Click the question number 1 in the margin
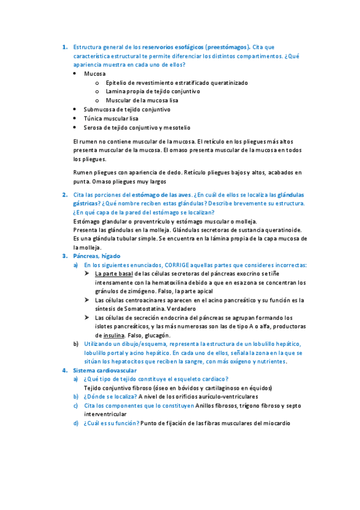(64, 47)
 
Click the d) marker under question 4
(76, 423)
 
